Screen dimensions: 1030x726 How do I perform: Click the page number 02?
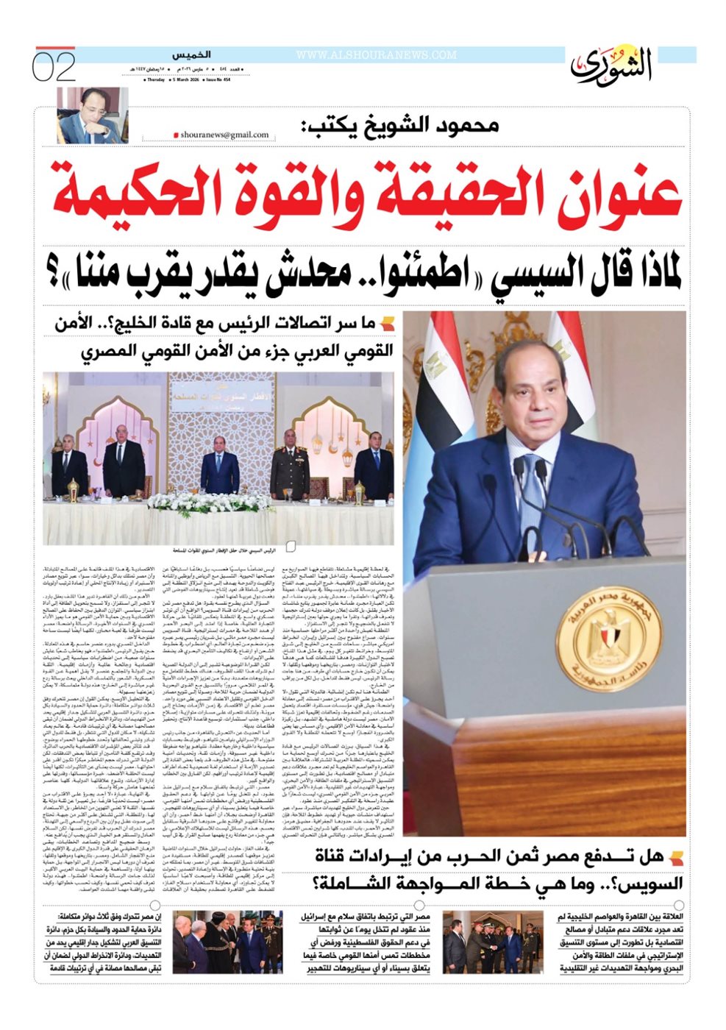(x=54, y=67)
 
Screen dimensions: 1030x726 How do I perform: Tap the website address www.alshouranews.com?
(x=377, y=55)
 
